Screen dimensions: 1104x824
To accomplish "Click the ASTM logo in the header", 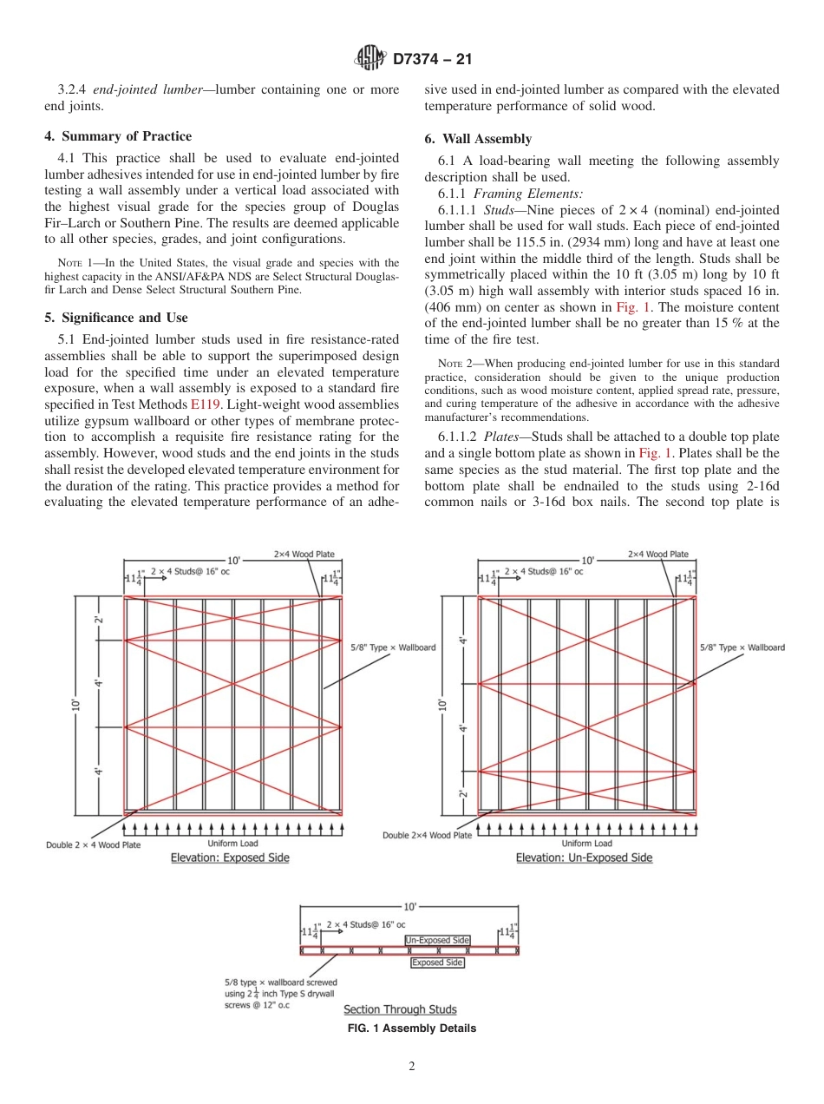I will [x=371, y=59].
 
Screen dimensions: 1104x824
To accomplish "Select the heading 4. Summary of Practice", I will [x=118, y=136].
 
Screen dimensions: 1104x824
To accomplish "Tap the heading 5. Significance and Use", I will [x=116, y=318].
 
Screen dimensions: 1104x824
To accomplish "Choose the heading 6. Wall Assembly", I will [x=478, y=139].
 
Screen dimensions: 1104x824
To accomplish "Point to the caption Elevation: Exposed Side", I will [x=230, y=858].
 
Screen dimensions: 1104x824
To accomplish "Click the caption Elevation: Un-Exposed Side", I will [x=584, y=858].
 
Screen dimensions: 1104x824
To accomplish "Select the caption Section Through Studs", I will [x=400, y=1009].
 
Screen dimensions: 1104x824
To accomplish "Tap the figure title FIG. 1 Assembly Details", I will [x=412, y=1028].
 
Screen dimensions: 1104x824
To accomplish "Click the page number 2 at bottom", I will [x=412, y=1067].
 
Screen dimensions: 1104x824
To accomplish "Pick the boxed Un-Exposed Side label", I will [x=437, y=940].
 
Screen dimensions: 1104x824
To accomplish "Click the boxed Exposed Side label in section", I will [x=437, y=963].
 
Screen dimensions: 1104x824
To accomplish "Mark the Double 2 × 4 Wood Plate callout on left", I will [x=93, y=844].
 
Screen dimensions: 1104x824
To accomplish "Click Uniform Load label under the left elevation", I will [x=232, y=843].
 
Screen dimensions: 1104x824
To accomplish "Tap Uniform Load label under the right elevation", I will [x=586, y=843].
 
